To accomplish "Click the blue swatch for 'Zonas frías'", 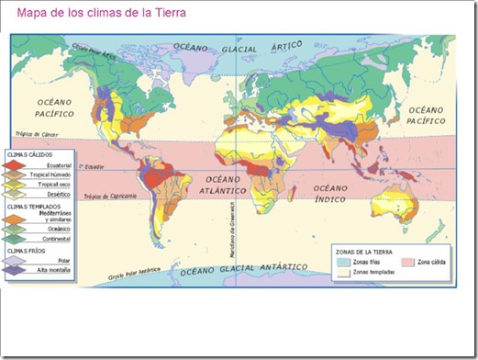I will pyautogui.click(x=344, y=261).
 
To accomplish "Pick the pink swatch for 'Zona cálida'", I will pyautogui.click(x=408, y=261).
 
